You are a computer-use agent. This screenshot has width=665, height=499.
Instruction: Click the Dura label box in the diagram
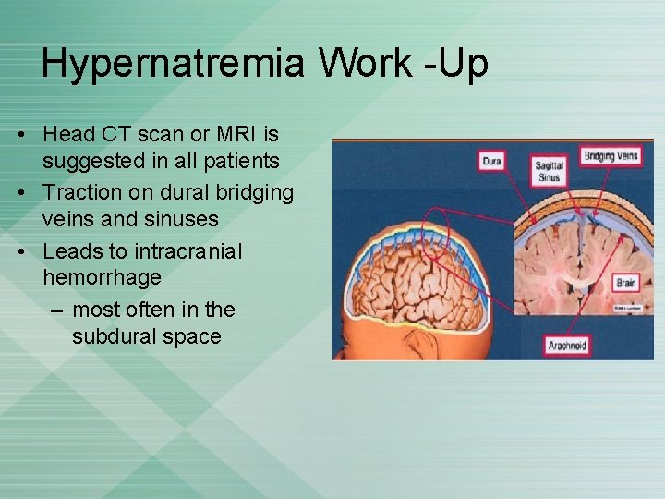(491, 162)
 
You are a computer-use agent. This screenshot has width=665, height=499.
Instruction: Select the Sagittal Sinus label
(549, 171)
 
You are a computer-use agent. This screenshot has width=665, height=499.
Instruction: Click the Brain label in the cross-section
(626, 283)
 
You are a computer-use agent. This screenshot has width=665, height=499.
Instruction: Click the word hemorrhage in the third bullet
(102, 277)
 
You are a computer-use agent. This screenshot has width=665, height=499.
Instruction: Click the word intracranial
(187, 251)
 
